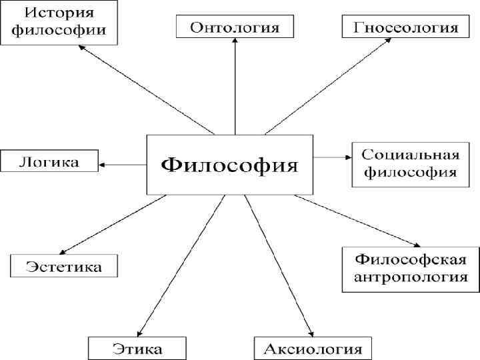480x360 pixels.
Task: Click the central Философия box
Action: (x=229, y=164)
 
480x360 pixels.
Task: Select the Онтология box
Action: (x=235, y=27)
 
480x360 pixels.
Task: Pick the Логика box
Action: (x=49, y=161)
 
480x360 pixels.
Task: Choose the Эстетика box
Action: (x=64, y=267)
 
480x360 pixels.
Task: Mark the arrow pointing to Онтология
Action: (x=235, y=87)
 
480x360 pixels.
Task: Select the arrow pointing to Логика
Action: (x=123, y=164)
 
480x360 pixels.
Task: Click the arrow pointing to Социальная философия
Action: (x=332, y=158)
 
